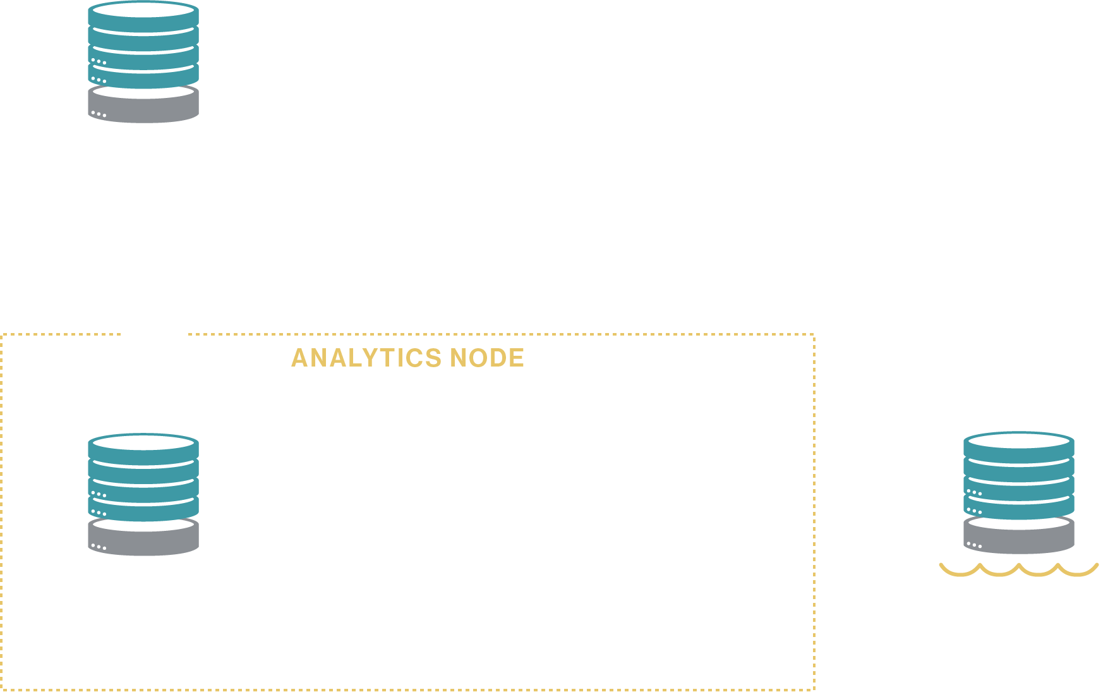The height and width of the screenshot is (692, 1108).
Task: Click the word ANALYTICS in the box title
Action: (366, 358)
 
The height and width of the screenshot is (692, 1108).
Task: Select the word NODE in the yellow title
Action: (487, 358)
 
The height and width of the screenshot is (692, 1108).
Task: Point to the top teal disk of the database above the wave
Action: (1018, 441)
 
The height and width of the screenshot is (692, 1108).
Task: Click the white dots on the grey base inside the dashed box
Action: (99, 547)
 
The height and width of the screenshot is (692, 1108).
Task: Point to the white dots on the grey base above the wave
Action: (973, 545)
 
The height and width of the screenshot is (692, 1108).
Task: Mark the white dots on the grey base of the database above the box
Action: (99, 114)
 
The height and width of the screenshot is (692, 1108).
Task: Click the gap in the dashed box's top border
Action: (154, 334)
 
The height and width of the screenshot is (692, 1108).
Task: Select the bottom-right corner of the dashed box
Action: (814, 689)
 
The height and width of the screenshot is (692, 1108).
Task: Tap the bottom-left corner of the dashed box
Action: (3, 689)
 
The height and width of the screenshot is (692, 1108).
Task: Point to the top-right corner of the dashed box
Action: (814, 335)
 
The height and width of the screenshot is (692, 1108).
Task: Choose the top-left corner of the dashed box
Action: (3, 335)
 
